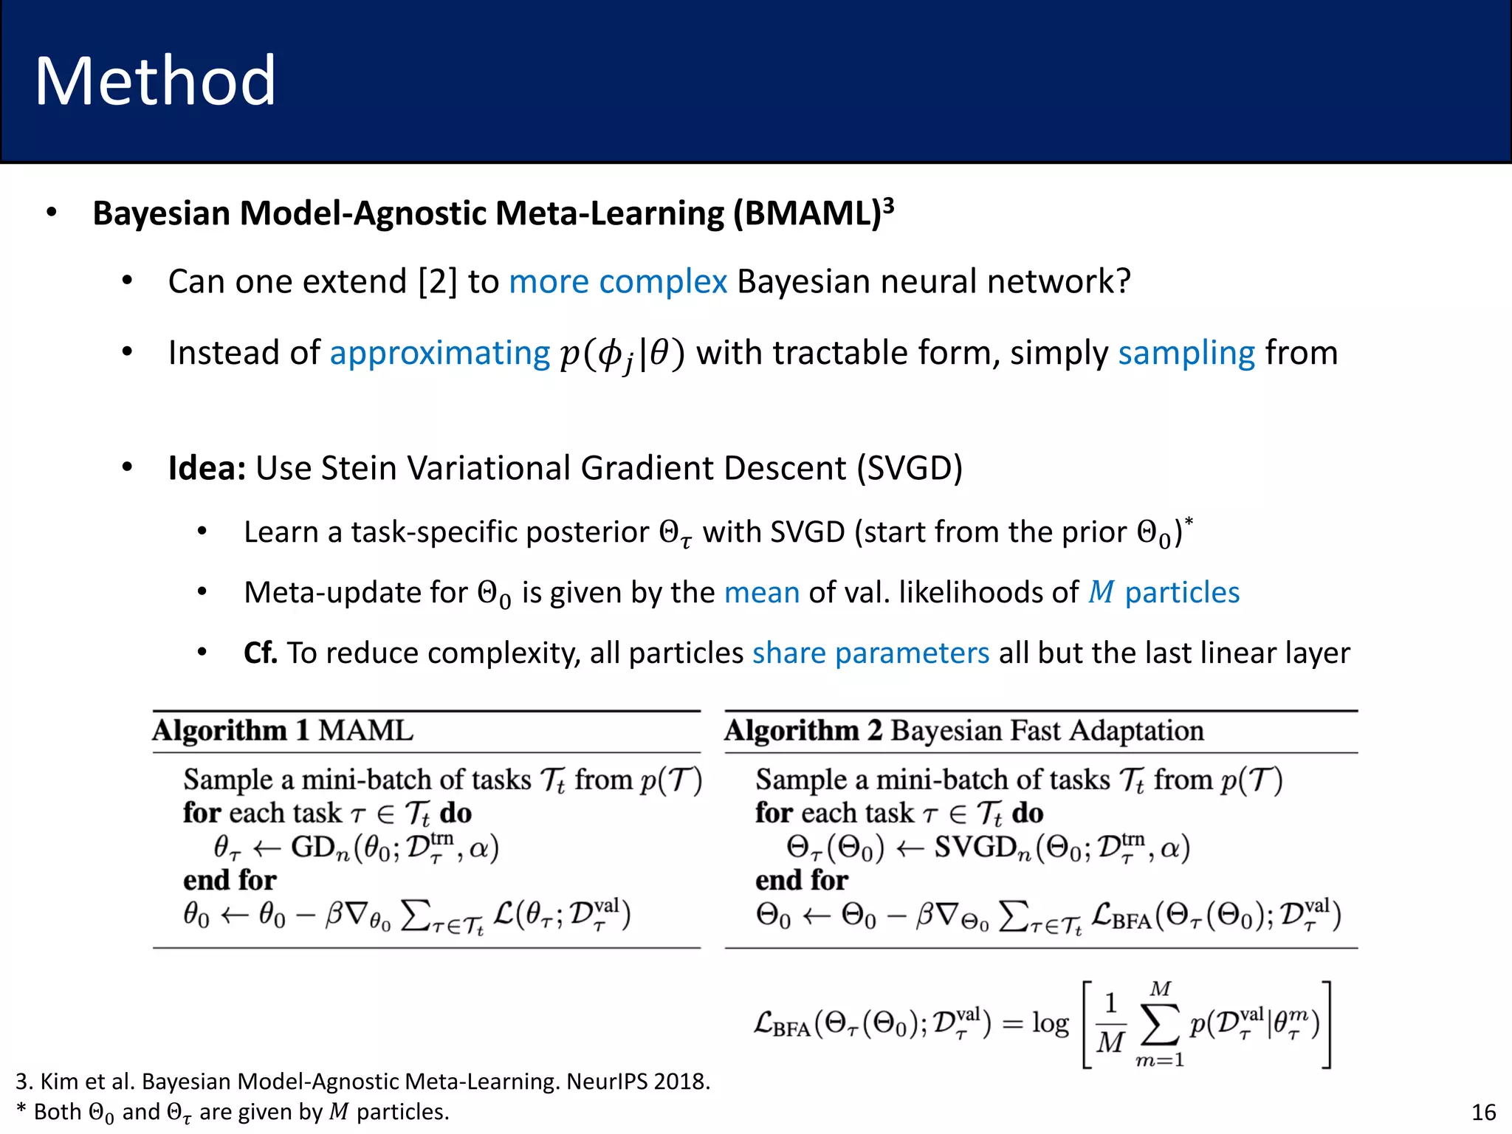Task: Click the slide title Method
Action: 155,81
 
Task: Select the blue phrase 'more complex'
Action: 618,282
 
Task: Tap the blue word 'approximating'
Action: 439,354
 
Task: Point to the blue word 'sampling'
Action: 1186,354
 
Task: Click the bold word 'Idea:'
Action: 207,468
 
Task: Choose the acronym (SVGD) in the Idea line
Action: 910,468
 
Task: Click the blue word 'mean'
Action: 761,593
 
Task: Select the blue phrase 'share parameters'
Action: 870,653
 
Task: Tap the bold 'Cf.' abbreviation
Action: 261,653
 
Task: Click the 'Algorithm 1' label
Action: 230,731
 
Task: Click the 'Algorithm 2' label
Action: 803,731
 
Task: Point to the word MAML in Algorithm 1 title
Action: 365,731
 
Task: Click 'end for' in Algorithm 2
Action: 801,881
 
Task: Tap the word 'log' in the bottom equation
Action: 1050,1023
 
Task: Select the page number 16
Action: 1483,1112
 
